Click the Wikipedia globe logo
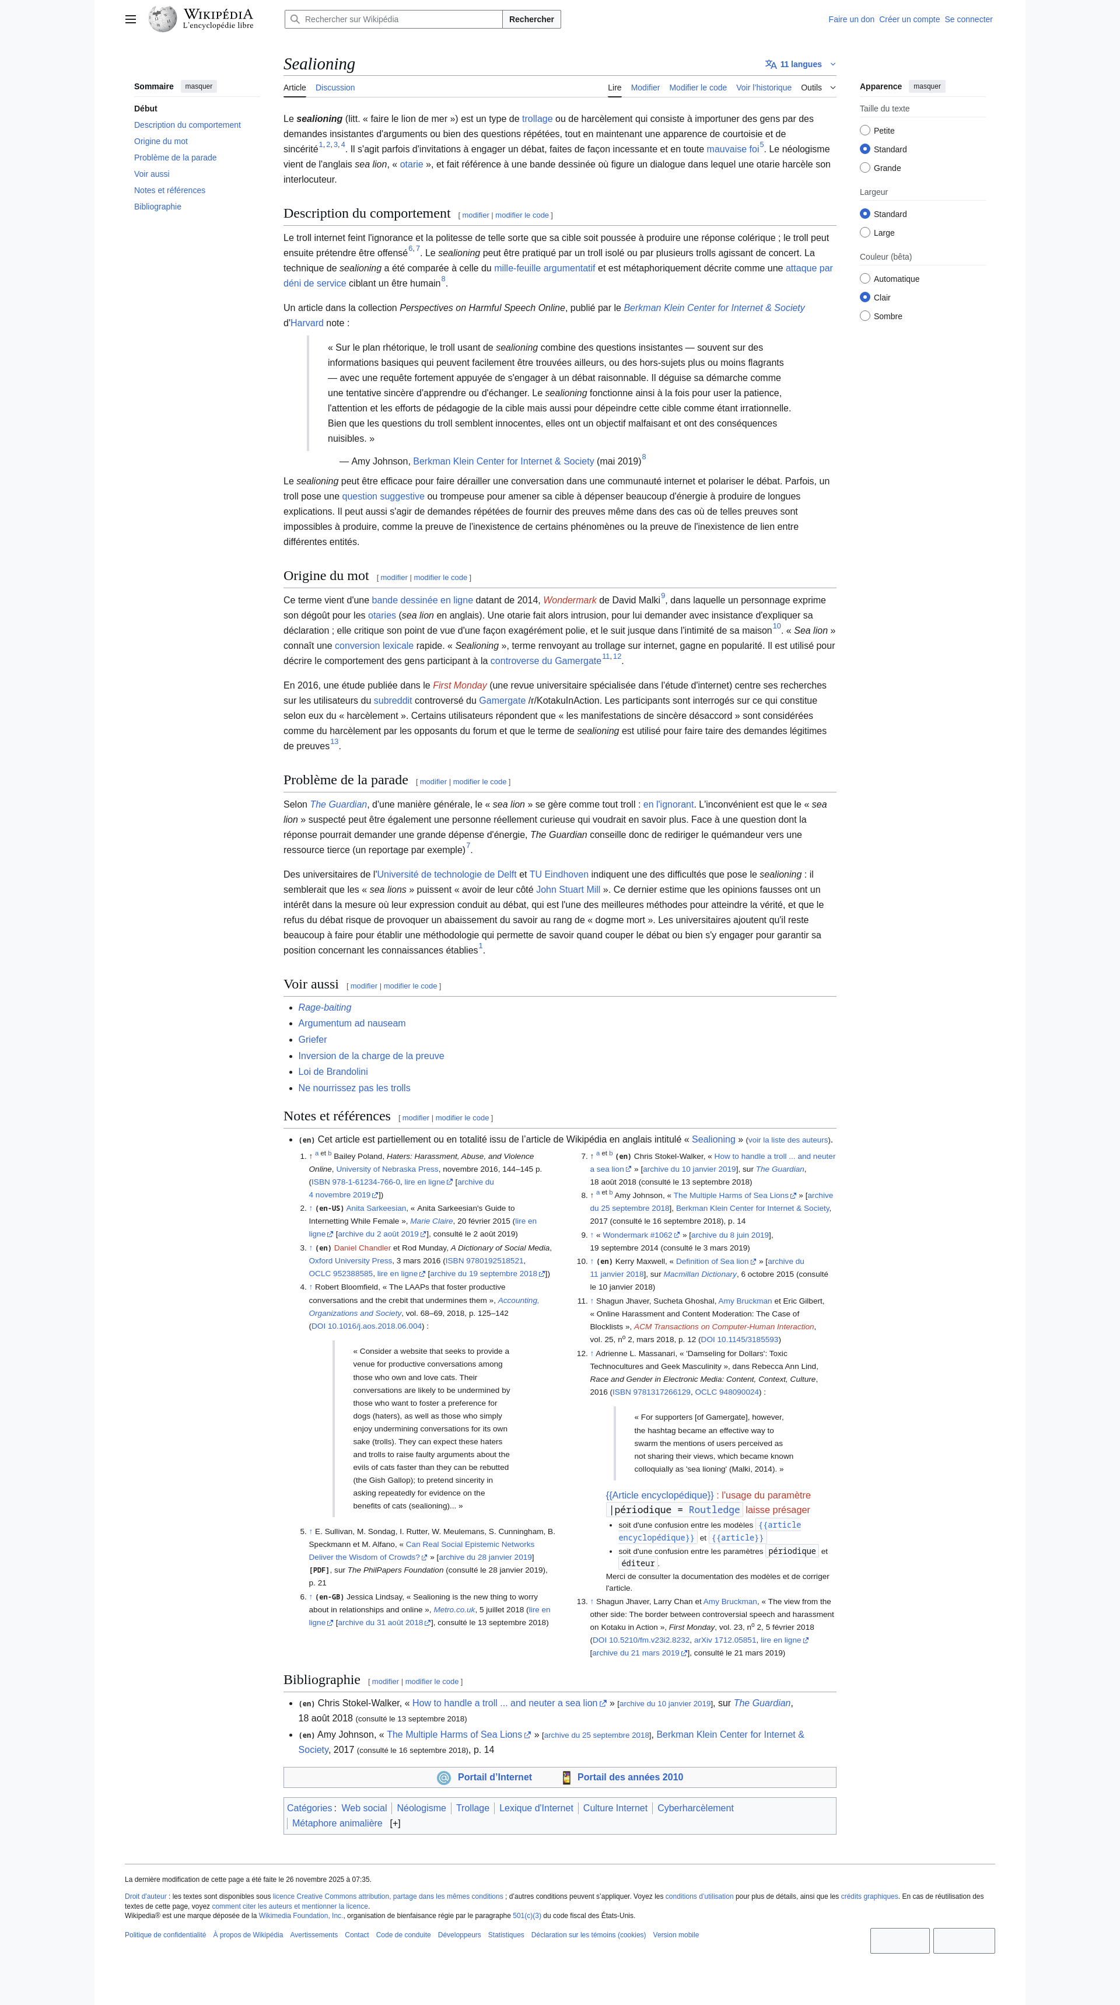point(163,19)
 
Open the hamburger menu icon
point(131,19)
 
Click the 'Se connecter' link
point(968,19)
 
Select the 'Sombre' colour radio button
point(864,316)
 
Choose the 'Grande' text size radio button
point(864,168)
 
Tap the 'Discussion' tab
point(335,88)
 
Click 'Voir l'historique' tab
point(764,88)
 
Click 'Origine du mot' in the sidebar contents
point(160,142)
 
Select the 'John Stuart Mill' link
point(568,890)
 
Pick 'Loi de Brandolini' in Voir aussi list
point(333,1072)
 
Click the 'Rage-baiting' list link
point(324,1008)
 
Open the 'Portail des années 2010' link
point(629,1777)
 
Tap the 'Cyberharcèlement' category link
point(695,1808)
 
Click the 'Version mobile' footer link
point(675,1935)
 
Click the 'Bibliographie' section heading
point(321,1679)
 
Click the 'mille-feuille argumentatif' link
point(544,268)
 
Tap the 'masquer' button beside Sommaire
point(198,86)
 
